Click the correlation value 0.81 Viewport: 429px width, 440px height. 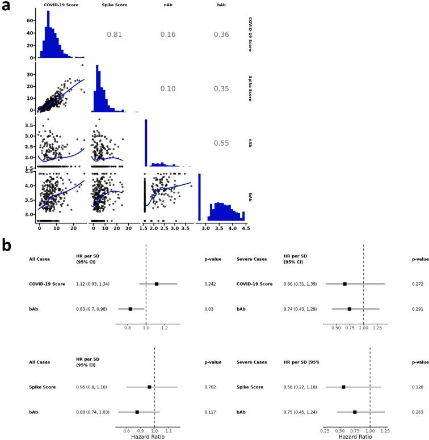(x=114, y=35)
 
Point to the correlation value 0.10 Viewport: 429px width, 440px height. (x=169, y=89)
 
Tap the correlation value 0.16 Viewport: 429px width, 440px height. (x=169, y=35)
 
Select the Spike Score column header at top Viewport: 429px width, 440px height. (x=113, y=5)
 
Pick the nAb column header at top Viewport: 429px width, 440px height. (x=169, y=5)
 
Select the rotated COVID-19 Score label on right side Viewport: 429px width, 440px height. (x=250, y=35)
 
